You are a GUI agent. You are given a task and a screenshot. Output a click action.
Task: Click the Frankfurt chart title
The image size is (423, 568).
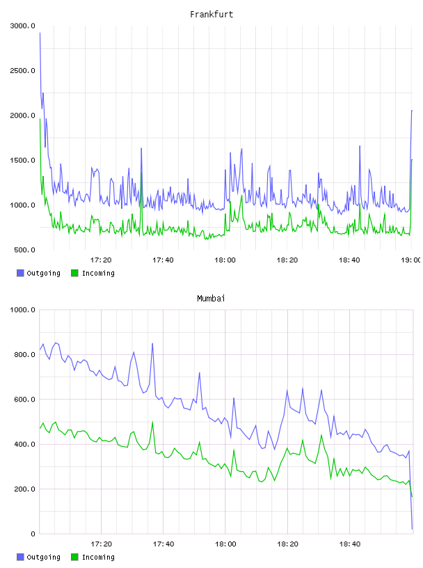211,14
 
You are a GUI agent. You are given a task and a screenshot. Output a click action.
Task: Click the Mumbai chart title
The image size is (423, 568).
211,298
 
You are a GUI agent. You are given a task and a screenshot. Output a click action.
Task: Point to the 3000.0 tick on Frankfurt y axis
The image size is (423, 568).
22,26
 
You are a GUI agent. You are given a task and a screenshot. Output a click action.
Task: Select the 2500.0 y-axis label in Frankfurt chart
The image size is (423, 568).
22,70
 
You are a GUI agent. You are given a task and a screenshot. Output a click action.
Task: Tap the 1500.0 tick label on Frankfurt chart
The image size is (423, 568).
22,160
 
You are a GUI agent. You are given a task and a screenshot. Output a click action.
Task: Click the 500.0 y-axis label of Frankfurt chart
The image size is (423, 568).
24,250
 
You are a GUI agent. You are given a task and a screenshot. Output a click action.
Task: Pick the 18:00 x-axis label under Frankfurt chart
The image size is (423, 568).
225,260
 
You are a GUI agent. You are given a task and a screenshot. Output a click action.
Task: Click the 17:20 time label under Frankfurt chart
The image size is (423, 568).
101,260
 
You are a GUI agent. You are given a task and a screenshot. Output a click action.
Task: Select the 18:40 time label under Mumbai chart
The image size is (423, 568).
349,544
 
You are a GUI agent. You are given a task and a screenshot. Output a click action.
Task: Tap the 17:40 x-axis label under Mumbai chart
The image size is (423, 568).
163,544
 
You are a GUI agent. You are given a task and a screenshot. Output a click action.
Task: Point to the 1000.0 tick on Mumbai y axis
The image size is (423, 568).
22,310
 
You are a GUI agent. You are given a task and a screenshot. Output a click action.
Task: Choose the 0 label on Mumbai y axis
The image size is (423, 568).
33,534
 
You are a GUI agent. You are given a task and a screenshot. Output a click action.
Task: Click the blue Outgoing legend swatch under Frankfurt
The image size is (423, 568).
20,273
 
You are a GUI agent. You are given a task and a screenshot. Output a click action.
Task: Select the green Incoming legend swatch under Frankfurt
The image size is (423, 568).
74,273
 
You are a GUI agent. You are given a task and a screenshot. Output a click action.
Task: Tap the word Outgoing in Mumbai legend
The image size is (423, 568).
43,557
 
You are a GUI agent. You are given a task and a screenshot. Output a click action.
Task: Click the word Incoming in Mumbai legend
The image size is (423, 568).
98,557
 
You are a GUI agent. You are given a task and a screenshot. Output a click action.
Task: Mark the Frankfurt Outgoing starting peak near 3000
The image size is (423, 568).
40,33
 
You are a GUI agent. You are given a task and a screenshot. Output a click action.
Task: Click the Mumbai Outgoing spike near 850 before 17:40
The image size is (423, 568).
152,343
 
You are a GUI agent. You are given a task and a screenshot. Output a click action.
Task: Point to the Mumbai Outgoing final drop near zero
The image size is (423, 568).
412,529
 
